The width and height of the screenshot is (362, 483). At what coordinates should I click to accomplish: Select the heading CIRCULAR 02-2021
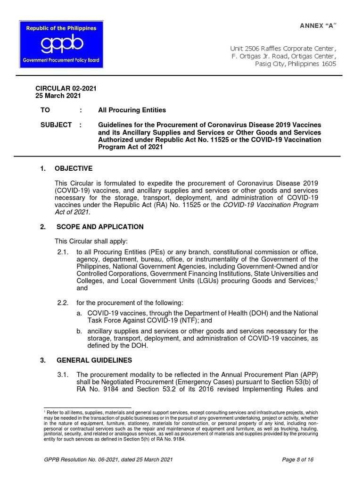66,88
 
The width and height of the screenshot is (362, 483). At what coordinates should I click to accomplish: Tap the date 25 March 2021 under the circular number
58,95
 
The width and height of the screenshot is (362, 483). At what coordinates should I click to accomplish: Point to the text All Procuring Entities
132,110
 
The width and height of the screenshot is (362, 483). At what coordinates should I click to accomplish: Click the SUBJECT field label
56,125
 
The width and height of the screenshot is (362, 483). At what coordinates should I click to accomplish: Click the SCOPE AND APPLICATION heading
100,227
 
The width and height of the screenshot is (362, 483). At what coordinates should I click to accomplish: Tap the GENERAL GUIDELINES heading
94,360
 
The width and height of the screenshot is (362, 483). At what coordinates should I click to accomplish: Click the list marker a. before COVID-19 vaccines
79,314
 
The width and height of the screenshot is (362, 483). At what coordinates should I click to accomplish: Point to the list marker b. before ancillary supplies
79,331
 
